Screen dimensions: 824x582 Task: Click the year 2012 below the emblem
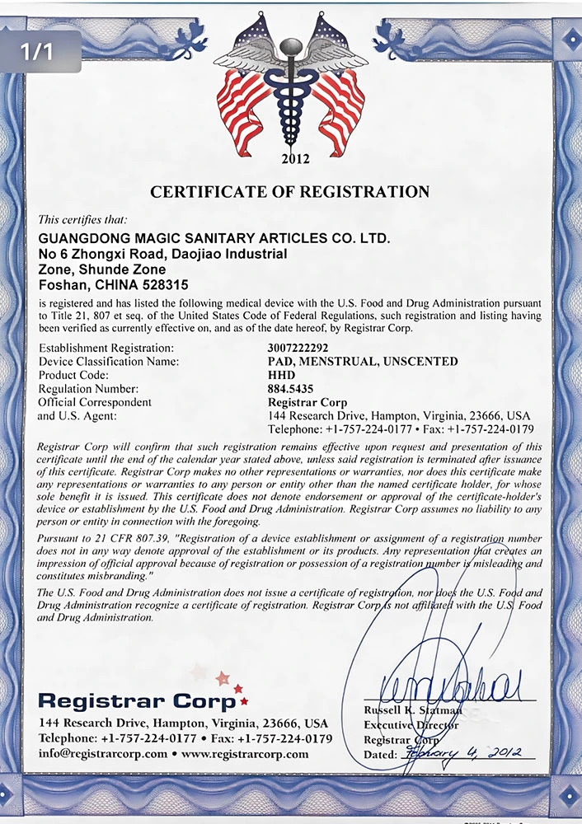coord(295,159)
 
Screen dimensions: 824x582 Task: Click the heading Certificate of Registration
coord(290,192)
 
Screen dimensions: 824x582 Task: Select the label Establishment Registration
coord(106,348)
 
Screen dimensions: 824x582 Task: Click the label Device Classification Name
coord(109,362)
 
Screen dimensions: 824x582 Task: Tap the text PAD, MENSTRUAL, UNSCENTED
coord(363,362)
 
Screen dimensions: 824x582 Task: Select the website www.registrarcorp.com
coord(245,754)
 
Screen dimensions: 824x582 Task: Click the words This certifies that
coord(83,220)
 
